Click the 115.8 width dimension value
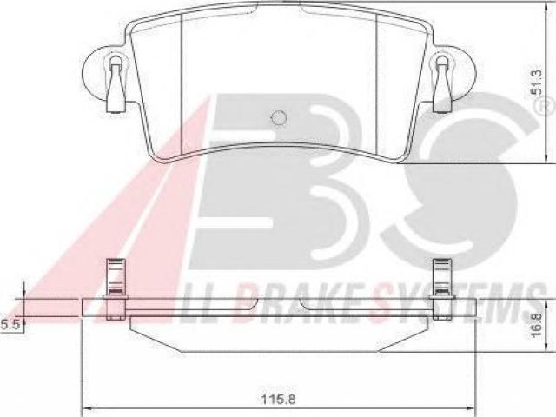pyautogui.click(x=278, y=400)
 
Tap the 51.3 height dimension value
pyautogui.click(x=537, y=83)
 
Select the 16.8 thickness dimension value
pyautogui.click(x=537, y=324)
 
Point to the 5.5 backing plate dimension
pyautogui.click(x=10, y=324)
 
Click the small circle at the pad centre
pyautogui.click(x=278, y=118)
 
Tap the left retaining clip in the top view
pyautogui.click(x=116, y=85)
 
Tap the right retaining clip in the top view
pyautogui.click(x=441, y=85)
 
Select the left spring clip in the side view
pyautogui.click(x=116, y=289)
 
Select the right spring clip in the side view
pyautogui.click(x=442, y=289)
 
